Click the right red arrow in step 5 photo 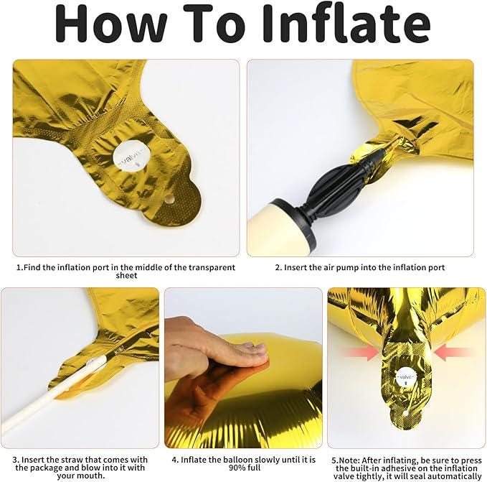[x=453, y=352]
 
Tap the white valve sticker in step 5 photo [x=406, y=377]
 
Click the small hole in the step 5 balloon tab [x=405, y=413]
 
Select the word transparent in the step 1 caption [x=212, y=267]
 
